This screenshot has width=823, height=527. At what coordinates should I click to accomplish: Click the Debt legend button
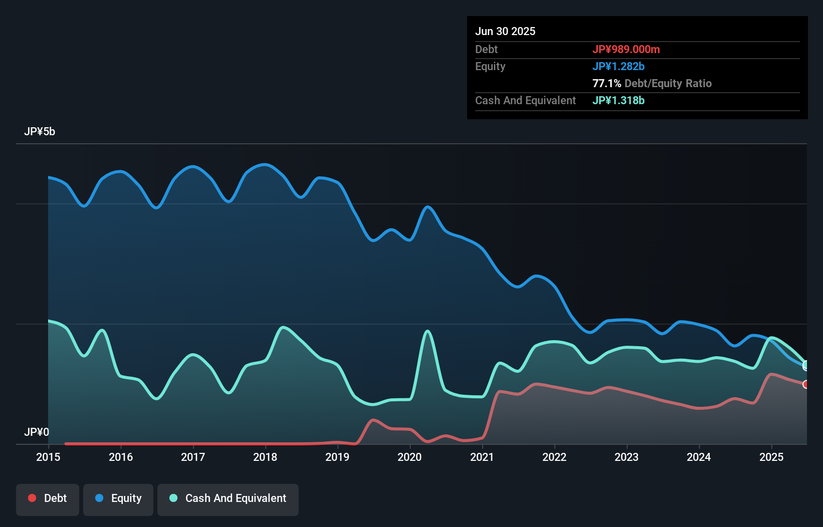coord(48,498)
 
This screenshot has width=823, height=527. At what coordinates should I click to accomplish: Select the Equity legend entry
coord(118,498)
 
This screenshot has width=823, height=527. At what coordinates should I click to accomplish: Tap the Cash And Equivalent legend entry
coord(228,498)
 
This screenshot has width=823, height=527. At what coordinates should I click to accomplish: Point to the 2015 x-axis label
coord(48,457)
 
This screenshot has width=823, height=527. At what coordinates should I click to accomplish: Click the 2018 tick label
coord(265,457)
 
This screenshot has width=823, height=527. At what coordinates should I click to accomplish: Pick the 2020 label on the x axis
coord(409,457)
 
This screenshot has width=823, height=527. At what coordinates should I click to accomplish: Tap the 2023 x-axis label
coord(627,457)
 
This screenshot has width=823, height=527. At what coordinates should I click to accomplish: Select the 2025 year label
coord(771,457)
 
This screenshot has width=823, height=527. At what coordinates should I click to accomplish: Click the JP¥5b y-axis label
coord(40,132)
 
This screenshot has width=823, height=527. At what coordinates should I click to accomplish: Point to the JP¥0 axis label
coord(37,432)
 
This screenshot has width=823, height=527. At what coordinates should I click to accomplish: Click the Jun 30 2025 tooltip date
coord(505,31)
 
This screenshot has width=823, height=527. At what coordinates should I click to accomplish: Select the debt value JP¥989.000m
coord(626,49)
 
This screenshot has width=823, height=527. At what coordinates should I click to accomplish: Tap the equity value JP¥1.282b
coord(619,66)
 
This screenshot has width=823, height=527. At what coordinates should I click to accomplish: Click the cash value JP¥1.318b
coord(619,100)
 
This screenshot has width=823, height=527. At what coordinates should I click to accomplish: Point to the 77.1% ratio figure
coord(606,83)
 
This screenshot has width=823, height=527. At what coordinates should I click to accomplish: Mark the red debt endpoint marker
coord(805,384)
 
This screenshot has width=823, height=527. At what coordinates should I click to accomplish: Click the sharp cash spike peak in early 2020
coord(427,331)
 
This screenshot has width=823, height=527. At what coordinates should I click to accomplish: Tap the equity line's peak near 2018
coord(265,164)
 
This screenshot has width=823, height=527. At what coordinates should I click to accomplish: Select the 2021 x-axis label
coord(482,457)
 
